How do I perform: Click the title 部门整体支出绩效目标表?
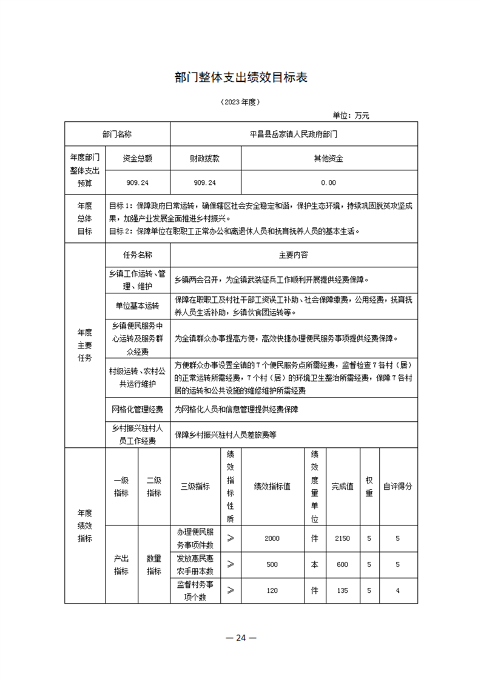(x=241, y=78)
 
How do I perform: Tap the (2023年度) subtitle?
(x=241, y=102)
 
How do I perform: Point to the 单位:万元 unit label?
(x=351, y=115)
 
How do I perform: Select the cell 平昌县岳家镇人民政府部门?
(x=294, y=133)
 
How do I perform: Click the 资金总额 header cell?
(x=137, y=158)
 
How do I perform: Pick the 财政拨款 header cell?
(x=205, y=158)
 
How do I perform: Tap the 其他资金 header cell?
(x=328, y=158)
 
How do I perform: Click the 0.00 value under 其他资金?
(x=328, y=182)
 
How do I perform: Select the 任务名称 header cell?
(x=137, y=255)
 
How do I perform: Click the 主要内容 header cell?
(x=294, y=255)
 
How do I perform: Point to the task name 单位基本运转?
(x=137, y=305)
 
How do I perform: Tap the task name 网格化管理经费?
(x=137, y=409)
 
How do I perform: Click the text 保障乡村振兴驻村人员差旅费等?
(x=226, y=435)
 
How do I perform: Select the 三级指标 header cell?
(x=195, y=486)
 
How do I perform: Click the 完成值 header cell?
(x=342, y=486)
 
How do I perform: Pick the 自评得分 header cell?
(x=398, y=486)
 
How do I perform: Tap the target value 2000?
(x=272, y=538)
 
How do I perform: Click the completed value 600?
(x=342, y=564)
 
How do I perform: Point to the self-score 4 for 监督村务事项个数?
(x=398, y=590)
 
